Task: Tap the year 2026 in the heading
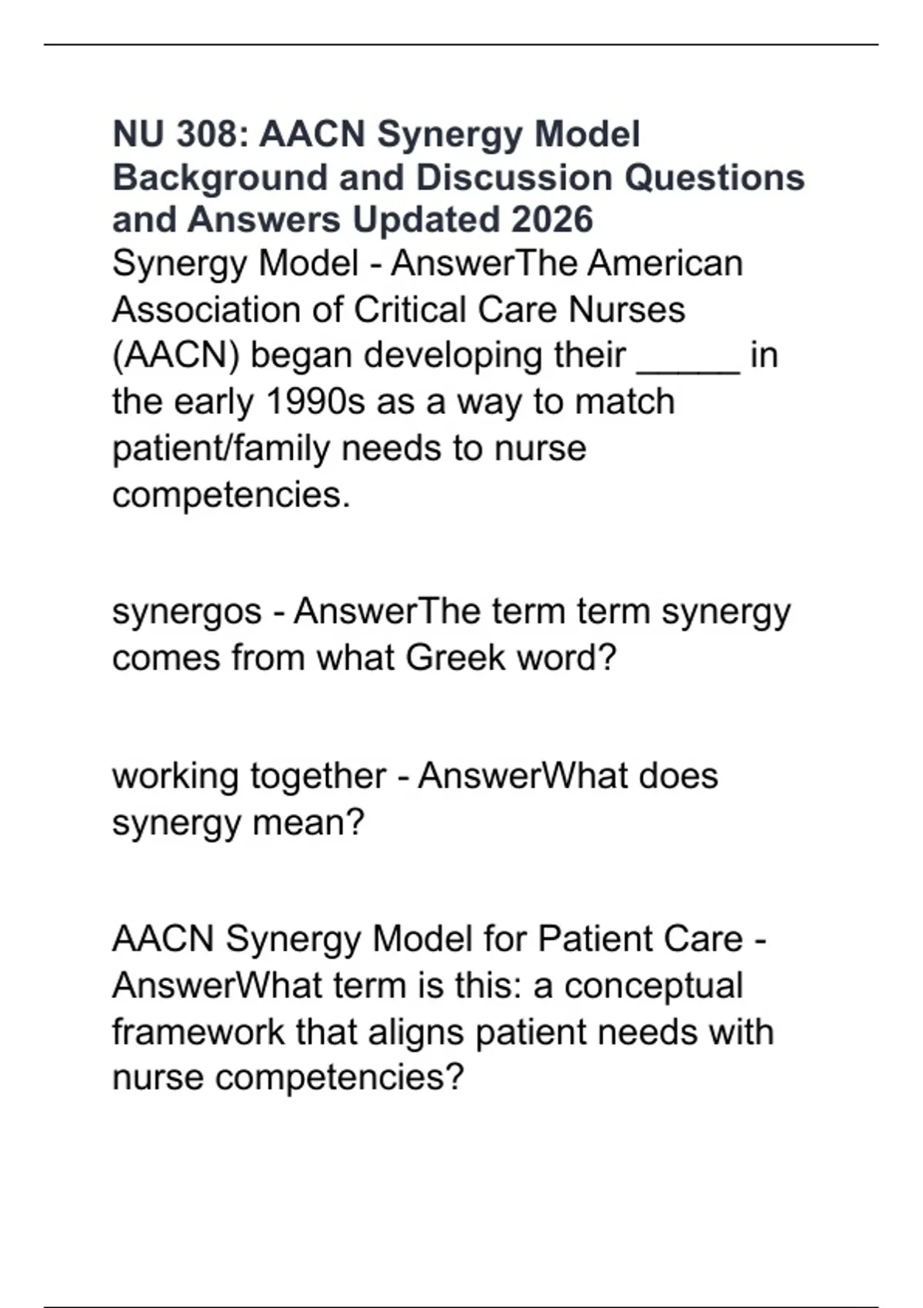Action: (x=551, y=220)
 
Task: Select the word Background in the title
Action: (x=220, y=178)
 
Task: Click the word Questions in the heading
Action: (x=714, y=178)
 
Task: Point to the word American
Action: (x=665, y=264)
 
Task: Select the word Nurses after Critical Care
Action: (x=626, y=310)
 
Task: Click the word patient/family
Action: (x=221, y=449)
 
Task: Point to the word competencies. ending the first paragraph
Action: (x=231, y=495)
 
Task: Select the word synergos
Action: (x=187, y=612)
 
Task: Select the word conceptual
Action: (x=653, y=986)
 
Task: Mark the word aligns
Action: (x=416, y=1032)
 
